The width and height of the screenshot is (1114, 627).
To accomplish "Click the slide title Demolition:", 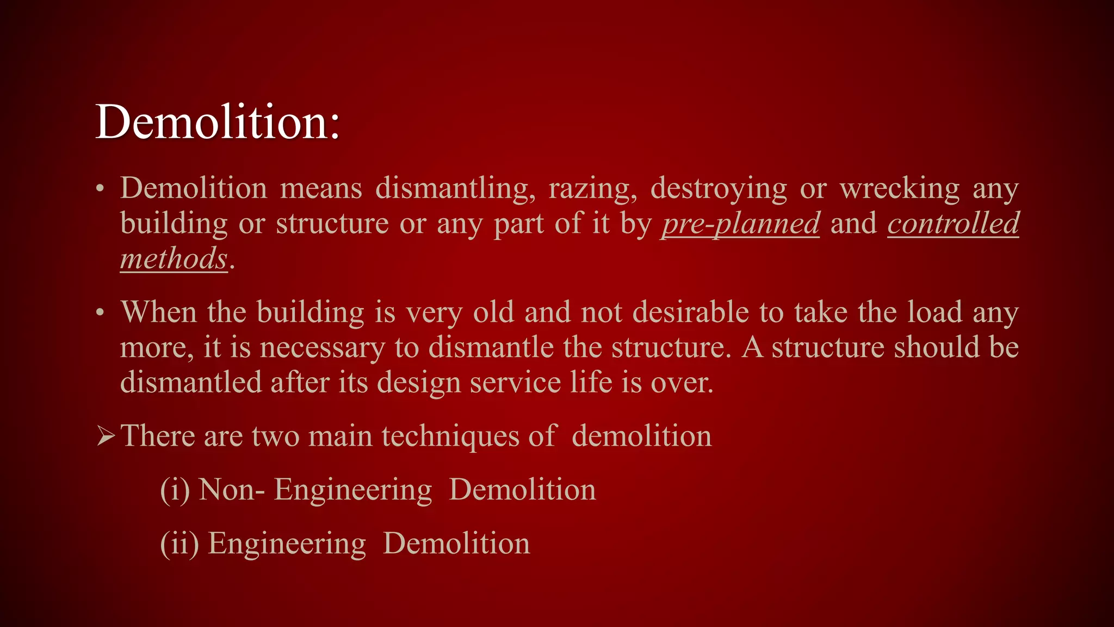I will pyautogui.click(x=218, y=122).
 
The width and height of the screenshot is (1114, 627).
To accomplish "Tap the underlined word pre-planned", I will pyautogui.click(x=740, y=224).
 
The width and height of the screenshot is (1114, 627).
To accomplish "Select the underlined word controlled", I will pyautogui.click(x=953, y=224).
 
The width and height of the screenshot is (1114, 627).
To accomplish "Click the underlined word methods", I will pyautogui.click(x=174, y=259).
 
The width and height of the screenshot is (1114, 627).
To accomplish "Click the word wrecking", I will pyautogui.click(x=900, y=189).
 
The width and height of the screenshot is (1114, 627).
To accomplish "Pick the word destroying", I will pyautogui.click(x=719, y=189).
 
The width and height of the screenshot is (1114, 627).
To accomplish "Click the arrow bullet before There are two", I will pyautogui.click(x=106, y=436).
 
